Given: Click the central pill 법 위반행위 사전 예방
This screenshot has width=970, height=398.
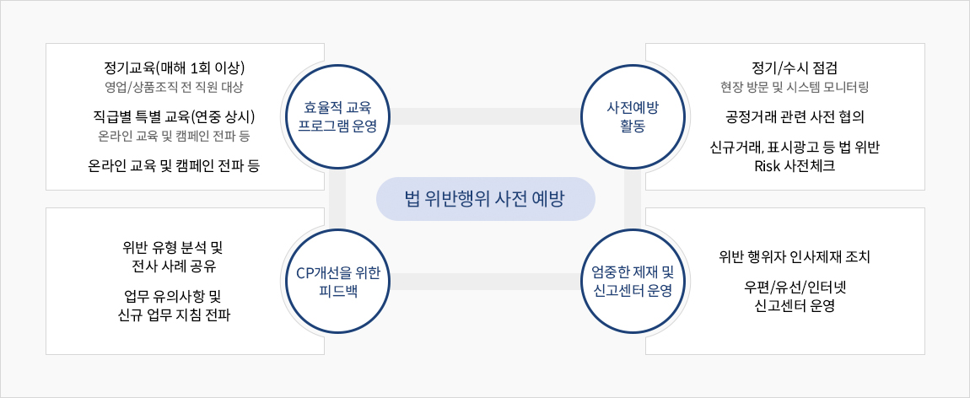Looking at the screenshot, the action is point(486,199).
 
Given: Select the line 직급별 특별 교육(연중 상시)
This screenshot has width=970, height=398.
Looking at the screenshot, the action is point(175,116).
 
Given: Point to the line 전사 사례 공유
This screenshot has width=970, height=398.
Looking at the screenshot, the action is point(175,266).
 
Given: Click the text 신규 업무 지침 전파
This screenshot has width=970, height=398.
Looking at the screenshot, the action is point(175,316).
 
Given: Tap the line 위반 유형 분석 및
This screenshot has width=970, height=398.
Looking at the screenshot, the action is point(175,248).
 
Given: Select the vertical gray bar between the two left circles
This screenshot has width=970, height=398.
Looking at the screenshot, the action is point(337,199).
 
